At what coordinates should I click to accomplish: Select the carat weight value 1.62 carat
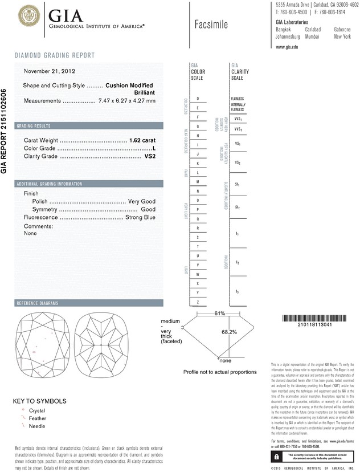(142, 140)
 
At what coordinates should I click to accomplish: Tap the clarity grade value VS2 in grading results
(148, 156)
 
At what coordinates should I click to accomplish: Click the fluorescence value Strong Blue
(140, 217)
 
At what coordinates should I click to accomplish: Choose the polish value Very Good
(141, 202)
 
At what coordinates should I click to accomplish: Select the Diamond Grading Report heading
(55, 55)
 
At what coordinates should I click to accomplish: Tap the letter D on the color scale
(198, 99)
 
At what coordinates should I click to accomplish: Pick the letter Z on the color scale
(198, 301)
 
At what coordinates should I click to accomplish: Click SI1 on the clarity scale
(237, 186)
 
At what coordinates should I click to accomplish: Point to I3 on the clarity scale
(237, 291)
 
